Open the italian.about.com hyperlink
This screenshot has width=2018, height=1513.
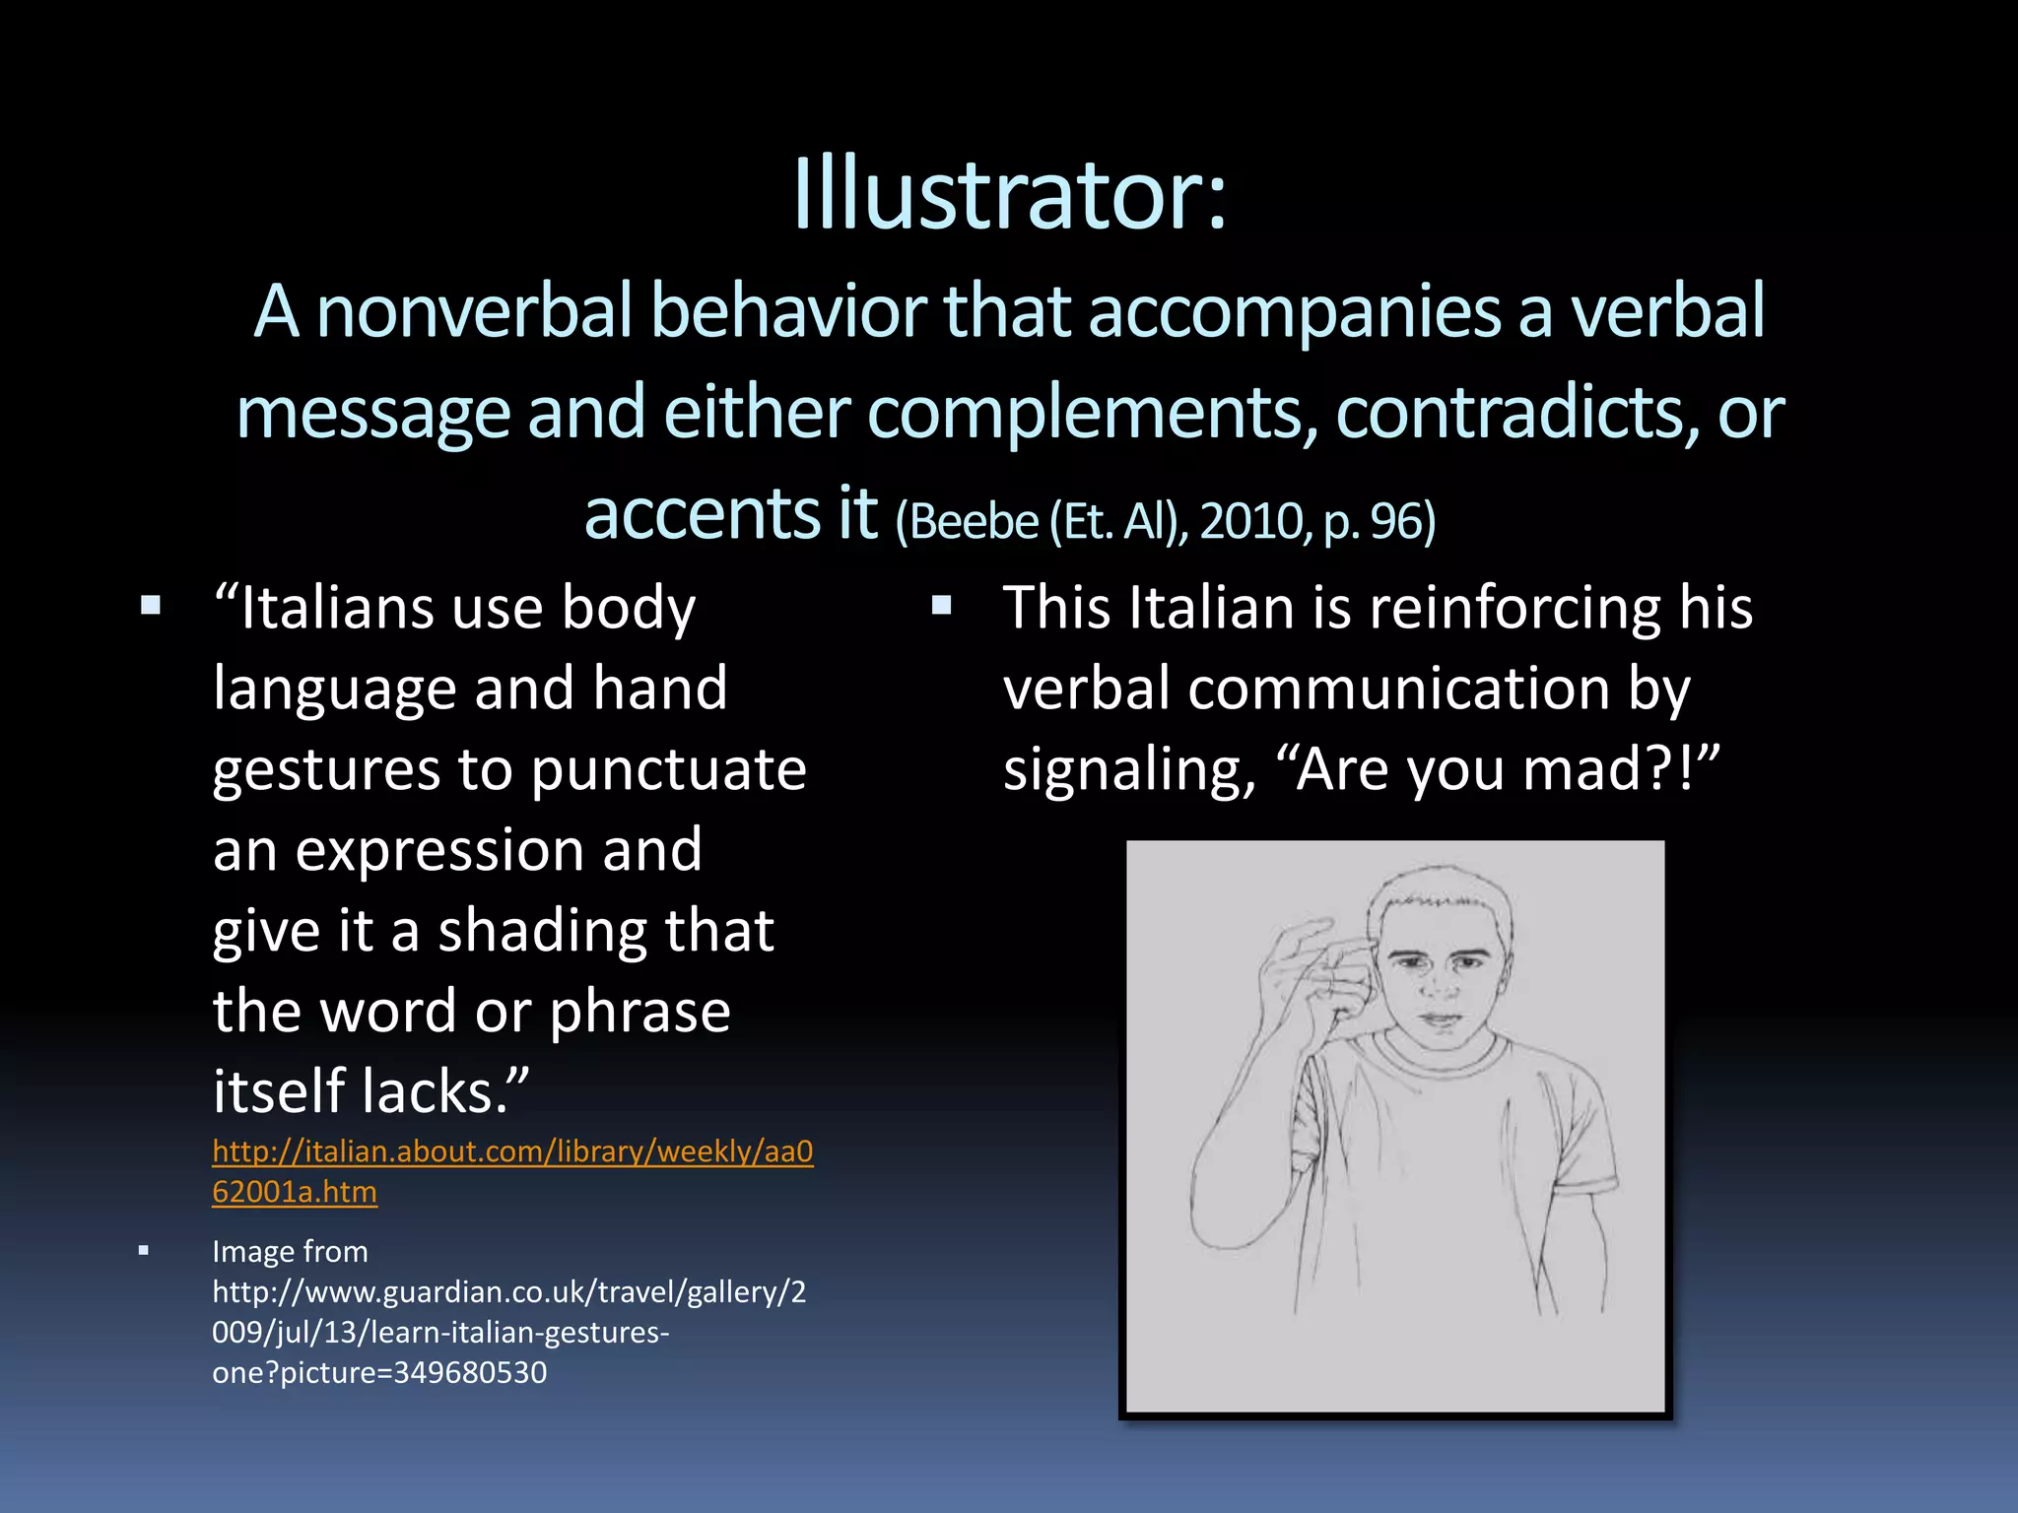pos(512,1170)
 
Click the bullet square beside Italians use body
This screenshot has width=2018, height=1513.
pos(151,604)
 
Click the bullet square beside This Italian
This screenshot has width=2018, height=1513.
pos(942,604)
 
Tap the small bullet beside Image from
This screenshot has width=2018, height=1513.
pos(144,1251)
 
